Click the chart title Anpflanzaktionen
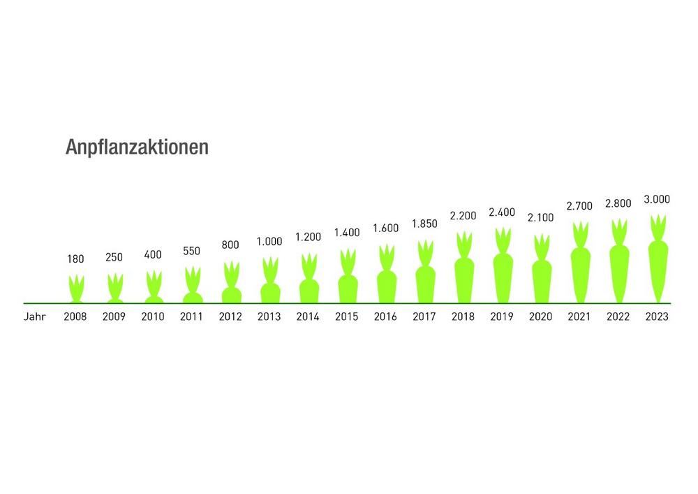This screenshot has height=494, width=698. point(137,148)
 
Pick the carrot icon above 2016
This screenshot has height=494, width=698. point(386,275)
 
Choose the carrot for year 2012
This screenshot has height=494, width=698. point(231,284)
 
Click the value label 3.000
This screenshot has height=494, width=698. point(656,199)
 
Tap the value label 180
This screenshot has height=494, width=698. point(75,259)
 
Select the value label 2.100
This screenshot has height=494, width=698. point(540,217)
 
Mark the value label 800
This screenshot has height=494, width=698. point(230,245)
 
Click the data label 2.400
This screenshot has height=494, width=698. point(502,212)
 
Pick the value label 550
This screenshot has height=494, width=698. point(192,250)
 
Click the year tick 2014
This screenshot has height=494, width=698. point(308,317)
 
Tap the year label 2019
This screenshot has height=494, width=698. point(502,317)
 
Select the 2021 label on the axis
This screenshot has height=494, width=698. point(579,317)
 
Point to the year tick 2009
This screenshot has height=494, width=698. point(114,317)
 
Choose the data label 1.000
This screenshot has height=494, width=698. point(269,241)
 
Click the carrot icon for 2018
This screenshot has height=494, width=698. point(463,270)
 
